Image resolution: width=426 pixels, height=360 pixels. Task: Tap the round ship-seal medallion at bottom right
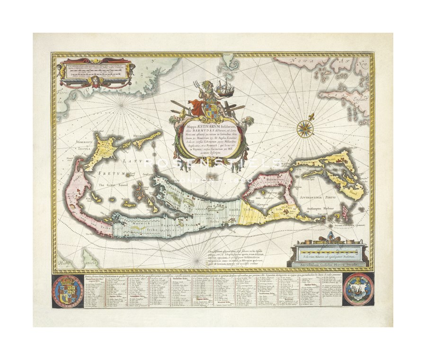click(358, 289)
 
